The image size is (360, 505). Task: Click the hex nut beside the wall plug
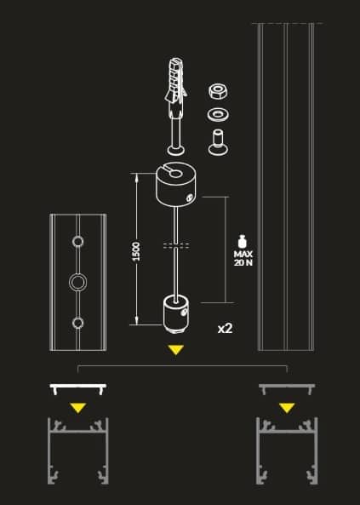(219, 91)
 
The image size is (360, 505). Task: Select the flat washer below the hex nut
(219, 114)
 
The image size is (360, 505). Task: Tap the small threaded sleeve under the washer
(219, 142)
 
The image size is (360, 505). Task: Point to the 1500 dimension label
(136, 252)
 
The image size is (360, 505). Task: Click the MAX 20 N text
(243, 258)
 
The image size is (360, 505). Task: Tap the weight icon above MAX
(243, 242)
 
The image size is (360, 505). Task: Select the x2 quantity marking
(225, 329)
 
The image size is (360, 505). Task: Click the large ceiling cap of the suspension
(176, 185)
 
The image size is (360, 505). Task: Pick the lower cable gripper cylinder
(176, 314)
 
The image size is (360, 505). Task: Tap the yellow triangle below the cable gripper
(176, 350)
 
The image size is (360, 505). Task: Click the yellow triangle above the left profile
(78, 408)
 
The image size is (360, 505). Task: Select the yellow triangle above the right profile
(287, 408)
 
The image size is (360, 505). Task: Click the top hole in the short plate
(77, 241)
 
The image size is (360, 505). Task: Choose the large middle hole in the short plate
(77, 283)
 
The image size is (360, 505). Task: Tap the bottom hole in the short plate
(77, 323)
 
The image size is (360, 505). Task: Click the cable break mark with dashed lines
(176, 246)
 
